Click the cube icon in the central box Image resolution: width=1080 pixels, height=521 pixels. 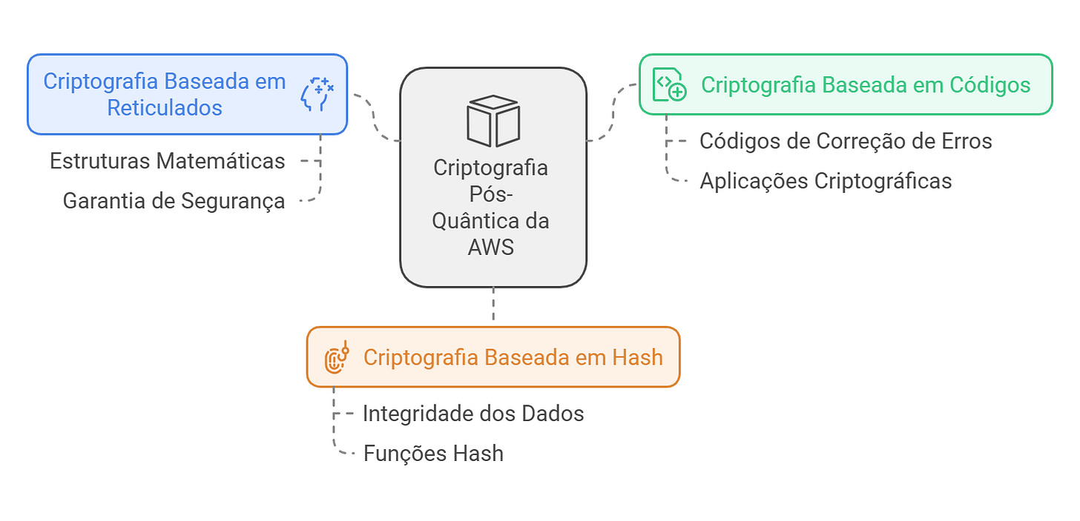[493, 121]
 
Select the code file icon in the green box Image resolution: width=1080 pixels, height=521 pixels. [668, 84]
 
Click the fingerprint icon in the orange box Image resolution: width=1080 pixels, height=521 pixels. [337, 358]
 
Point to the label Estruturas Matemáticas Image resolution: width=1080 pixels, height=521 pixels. [167, 161]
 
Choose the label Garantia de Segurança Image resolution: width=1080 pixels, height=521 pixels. [174, 201]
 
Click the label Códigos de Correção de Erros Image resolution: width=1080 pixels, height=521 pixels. [846, 141]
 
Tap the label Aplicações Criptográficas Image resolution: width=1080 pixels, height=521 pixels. [826, 181]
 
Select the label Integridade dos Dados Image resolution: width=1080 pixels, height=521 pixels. [473, 414]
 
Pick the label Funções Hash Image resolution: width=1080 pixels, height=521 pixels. [433, 453]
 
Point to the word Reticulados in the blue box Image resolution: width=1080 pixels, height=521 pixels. [165, 108]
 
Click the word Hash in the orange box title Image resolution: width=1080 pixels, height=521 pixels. [637, 357]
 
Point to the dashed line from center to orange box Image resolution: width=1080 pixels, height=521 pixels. [493, 306]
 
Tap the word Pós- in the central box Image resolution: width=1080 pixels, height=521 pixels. [492, 194]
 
